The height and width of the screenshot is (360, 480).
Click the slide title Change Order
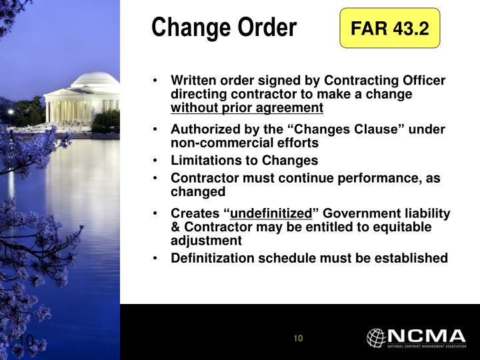click(223, 28)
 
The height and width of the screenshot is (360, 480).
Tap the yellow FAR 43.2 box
click(390, 29)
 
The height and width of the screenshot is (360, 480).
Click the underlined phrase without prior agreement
click(247, 108)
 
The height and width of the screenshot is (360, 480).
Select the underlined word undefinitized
click(271, 213)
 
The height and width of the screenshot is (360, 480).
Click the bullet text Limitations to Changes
click(244, 160)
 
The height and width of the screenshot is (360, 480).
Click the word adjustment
click(206, 241)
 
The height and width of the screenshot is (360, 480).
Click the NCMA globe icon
click(376, 337)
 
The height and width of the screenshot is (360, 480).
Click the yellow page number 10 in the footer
click(298, 338)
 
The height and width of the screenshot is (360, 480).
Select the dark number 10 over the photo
click(25, 341)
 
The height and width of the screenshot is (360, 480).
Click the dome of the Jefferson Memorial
click(94, 80)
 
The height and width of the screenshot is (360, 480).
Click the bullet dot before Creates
click(155, 213)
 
